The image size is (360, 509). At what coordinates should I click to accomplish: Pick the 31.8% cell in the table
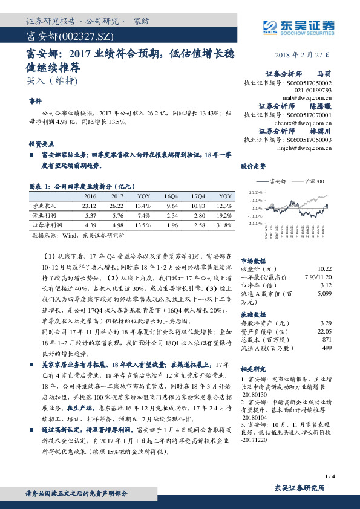[225, 224]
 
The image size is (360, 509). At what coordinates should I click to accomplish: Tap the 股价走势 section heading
[253, 166]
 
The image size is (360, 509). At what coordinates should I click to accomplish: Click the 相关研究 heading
[253, 368]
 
